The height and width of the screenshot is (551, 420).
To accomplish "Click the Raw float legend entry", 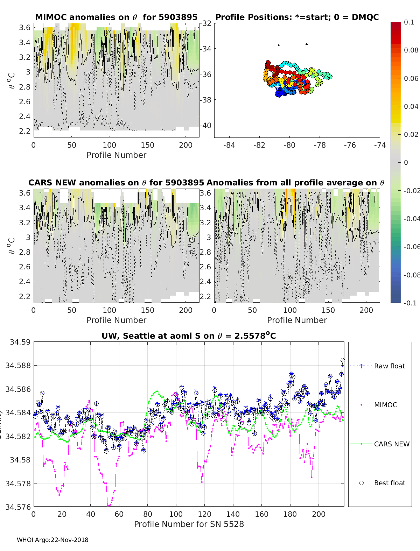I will coord(389,366).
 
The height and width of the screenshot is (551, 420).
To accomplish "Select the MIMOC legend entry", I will coord(385,405).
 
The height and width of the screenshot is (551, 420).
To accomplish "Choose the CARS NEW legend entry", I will coord(391,444).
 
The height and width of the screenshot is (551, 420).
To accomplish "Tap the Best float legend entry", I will coord(389,483).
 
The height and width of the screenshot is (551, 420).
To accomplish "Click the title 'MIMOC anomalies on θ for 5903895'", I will coord(116,17).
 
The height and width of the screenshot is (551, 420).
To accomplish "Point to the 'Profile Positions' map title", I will coord(297,17).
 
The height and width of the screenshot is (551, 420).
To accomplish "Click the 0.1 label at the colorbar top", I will coord(409,22).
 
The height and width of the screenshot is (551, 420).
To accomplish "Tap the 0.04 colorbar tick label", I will coord(411,106).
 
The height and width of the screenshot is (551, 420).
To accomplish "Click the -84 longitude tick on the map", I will coord(229,145).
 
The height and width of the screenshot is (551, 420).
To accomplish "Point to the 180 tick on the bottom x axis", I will coord(290,514).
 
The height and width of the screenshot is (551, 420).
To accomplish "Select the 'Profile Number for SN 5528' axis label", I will coord(189,524).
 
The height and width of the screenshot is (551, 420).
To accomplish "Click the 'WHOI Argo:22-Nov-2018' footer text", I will coord(52,540).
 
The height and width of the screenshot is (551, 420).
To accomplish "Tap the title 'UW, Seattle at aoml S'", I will coord(189,336).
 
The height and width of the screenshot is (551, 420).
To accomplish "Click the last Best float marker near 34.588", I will coord(343,360).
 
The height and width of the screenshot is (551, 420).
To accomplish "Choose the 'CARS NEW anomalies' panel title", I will coord(116,183).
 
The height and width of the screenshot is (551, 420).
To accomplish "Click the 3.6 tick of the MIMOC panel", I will coord(25,28).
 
